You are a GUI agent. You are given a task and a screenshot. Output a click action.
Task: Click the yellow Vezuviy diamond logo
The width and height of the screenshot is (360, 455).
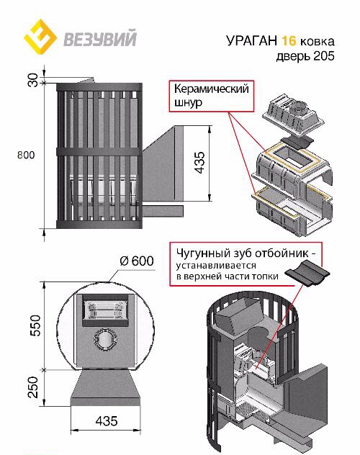click(x=40, y=37)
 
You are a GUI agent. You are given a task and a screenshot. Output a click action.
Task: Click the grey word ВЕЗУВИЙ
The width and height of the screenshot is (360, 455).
click(x=100, y=38)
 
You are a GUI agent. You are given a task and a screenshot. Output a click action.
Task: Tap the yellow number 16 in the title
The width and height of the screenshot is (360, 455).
click(x=289, y=40)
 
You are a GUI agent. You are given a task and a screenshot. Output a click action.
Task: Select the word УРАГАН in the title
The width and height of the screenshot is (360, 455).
click(x=252, y=40)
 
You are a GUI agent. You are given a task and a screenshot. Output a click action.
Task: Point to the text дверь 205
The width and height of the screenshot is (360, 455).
click(x=305, y=55)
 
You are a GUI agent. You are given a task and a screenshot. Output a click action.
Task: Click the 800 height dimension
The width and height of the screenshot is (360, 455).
click(x=26, y=155)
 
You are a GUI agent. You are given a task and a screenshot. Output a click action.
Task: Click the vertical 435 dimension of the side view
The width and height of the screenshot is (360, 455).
click(x=199, y=163)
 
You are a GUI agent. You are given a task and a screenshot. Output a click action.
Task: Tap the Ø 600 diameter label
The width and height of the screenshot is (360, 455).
click(x=137, y=261)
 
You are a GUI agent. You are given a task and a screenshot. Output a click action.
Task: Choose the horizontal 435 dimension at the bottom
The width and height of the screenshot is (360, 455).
click(x=107, y=420)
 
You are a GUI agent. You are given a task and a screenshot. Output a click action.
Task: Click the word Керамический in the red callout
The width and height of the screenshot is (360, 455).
click(x=212, y=89)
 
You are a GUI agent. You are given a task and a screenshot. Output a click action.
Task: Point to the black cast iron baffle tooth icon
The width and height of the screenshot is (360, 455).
click(x=307, y=272)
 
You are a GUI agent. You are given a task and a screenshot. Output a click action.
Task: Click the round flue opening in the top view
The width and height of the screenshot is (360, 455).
click(x=105, y=339)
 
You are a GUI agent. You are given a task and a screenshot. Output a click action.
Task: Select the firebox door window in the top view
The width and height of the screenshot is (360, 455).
click(x=106, y=310)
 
